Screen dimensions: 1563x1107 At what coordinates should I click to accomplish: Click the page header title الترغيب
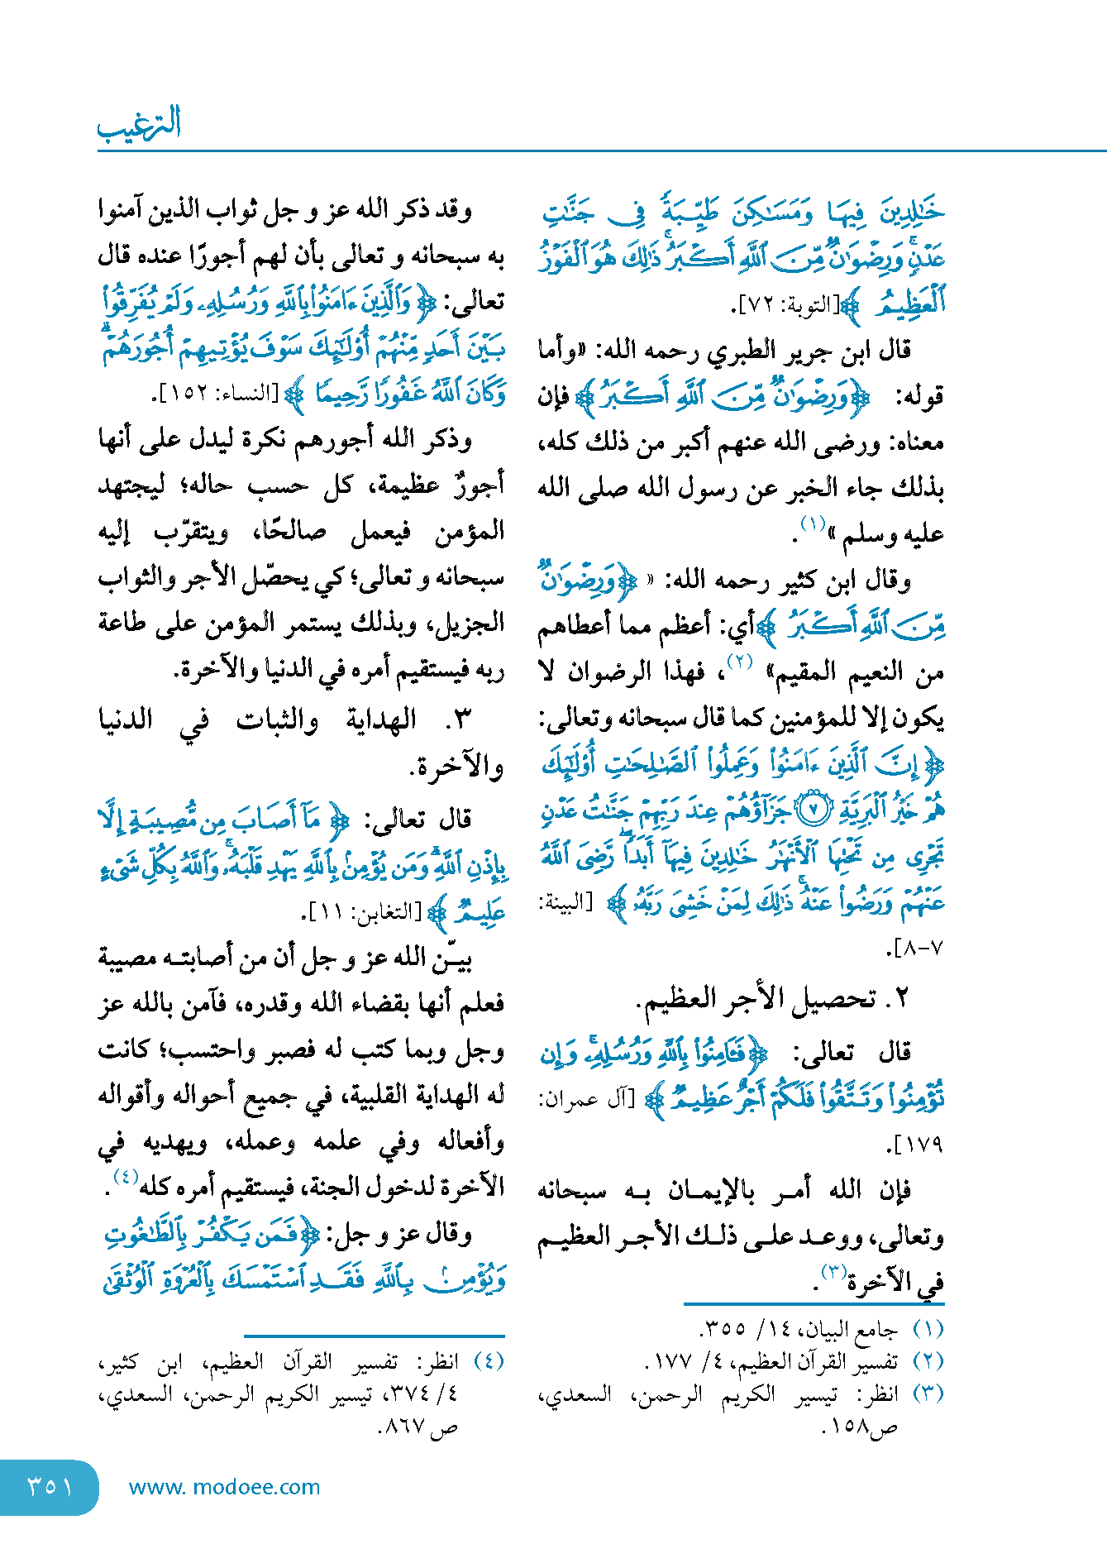pos(139,124)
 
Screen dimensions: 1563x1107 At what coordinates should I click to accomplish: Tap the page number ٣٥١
pos(50,1486)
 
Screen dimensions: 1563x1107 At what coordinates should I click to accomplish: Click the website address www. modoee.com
pos(224,1487)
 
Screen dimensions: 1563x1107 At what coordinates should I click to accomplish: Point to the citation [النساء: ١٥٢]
pos(218,394)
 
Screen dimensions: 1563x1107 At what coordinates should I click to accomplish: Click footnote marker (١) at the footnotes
pos(928,1329)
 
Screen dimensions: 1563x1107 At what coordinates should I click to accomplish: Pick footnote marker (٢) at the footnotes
pos(928,1360)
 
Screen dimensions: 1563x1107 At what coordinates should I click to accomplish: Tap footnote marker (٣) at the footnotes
pos(928,1393)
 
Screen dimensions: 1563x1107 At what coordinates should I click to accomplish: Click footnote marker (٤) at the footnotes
pos(488,1360)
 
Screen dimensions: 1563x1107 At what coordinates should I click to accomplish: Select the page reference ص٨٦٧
pos(418,1426)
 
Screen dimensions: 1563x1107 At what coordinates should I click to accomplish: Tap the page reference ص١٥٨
pos(859,1426)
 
